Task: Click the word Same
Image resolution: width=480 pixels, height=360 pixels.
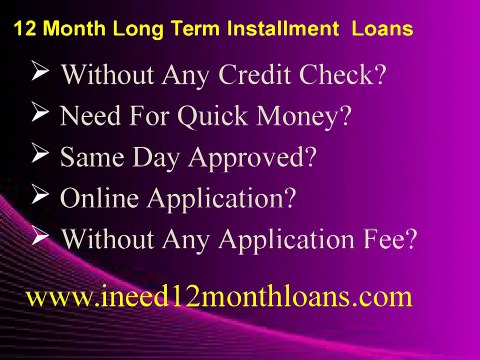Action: tap(87, 157)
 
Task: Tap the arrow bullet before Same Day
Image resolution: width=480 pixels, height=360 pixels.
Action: tap(41, 153)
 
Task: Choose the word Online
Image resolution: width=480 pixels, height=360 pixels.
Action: tap(99, 197)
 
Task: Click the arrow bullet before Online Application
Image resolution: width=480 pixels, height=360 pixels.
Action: tap(41, 194)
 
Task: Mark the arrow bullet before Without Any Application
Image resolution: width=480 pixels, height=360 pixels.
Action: tap(41, 236)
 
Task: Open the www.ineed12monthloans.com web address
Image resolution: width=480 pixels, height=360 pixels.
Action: tap(218, 296)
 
